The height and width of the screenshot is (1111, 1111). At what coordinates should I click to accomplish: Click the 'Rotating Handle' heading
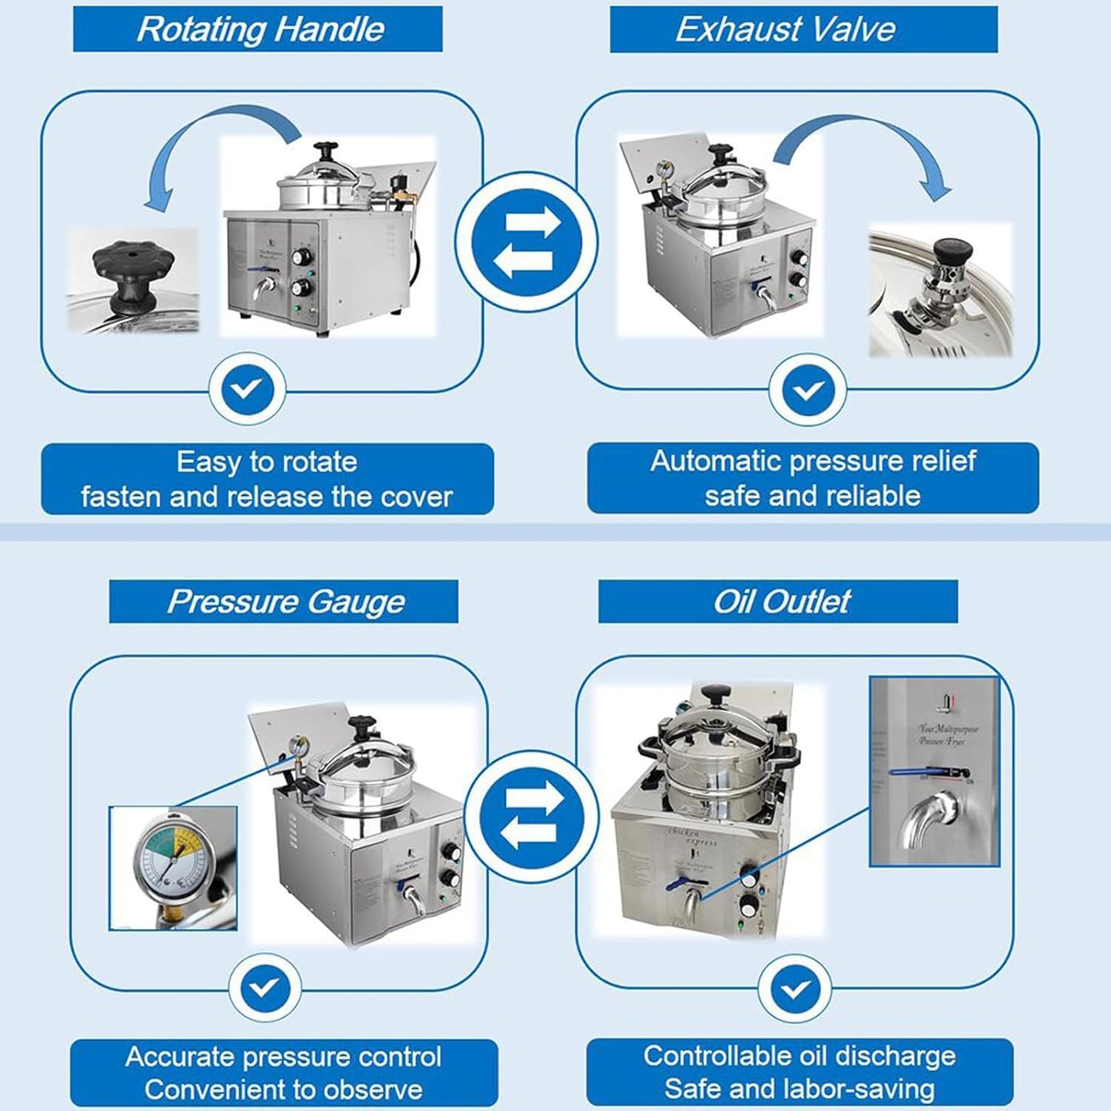coord(260,29)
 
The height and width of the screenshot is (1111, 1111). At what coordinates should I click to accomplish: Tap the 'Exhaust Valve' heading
coord(785,29)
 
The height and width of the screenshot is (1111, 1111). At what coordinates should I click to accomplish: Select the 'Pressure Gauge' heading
coord(285,601)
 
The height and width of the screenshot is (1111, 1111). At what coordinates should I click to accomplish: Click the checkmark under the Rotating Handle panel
coord(248,390)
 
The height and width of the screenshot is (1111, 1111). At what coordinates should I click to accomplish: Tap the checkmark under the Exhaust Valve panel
coord(807,390)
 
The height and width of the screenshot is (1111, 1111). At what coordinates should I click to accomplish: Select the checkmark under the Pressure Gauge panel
coord(265,988)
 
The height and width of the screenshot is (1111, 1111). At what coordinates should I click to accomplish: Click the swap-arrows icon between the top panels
coord(527,242)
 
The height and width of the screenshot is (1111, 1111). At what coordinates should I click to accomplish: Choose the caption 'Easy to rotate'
coord(267,462)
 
